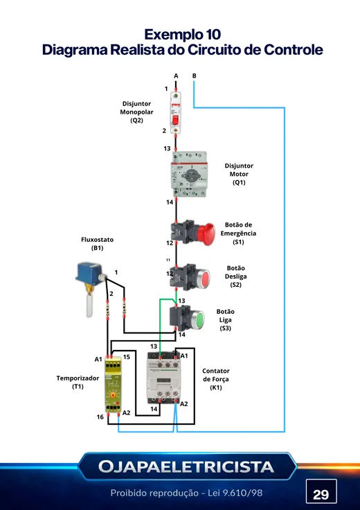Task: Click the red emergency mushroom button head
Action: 206,234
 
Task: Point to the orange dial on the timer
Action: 113,395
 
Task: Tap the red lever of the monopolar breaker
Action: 175,119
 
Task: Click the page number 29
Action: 321,494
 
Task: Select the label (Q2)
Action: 136,121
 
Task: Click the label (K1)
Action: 216,387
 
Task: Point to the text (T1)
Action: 78,387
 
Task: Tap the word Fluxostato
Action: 97,240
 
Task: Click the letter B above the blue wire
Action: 195,76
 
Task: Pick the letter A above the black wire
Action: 176,76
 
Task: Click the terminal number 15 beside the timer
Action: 127,357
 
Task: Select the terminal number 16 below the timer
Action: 100,417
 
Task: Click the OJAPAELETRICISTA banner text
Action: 186,467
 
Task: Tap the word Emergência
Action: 238,234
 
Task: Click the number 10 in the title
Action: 213,35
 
